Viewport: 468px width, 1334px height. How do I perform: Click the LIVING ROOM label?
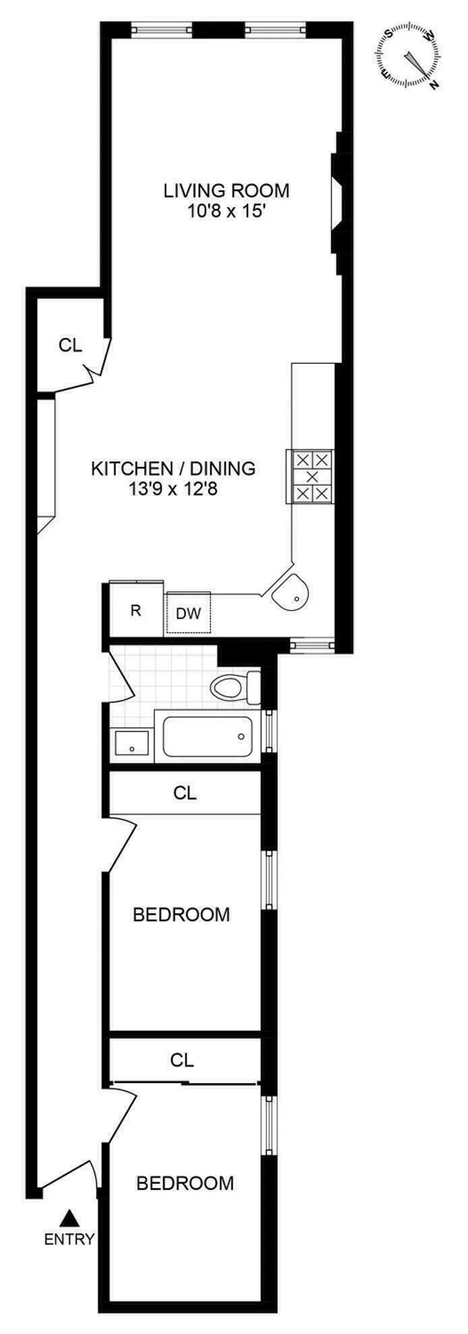click(227, 191)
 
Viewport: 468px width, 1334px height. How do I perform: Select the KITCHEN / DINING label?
click(173, 468)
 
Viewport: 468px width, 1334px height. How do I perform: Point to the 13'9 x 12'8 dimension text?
click(173, 489)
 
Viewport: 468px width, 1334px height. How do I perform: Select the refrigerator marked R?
click(136, 611)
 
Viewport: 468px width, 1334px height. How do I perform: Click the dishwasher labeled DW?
click(189, 613)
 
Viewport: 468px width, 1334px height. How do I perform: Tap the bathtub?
click(208, 737)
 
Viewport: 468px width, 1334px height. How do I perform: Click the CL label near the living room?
click(70, 345)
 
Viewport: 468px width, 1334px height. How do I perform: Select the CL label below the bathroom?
click(185, 793)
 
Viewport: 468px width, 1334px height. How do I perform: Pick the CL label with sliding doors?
click(182, 1060)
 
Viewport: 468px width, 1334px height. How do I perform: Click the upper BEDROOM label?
click(181, 915)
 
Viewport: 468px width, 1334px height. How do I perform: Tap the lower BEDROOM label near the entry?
click(185, 1183)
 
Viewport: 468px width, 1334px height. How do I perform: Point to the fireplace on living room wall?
click(338, 203)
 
